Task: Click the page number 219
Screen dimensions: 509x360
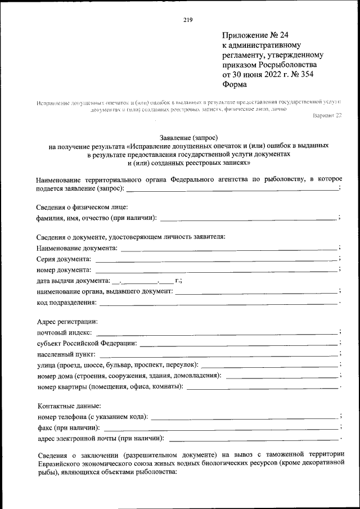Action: (188, 20)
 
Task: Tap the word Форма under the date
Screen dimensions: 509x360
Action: (235, 84)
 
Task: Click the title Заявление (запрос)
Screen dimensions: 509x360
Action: (188, 137)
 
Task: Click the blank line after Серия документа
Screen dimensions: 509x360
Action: (215, 260)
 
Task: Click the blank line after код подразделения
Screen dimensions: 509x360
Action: (219, 304)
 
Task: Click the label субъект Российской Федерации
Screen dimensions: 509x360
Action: (85, 344)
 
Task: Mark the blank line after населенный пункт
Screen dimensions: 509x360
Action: (219, 355)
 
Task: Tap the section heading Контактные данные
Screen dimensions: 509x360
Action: (69, 406)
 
